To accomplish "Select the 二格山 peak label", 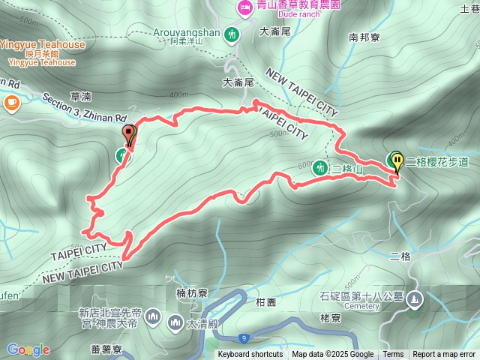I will pos(346,169).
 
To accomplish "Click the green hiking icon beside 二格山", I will pos(321,168).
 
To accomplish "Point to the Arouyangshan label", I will pos(187,33).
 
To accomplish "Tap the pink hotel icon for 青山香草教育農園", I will pos(244,7).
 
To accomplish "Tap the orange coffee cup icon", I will pos(11,103).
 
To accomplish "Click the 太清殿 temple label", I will pos(202,324).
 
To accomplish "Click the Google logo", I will pos(28,349).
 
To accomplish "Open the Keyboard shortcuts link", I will pos(250,355).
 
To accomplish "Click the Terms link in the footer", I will pos(393,355).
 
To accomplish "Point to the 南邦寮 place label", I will pos(364,36).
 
